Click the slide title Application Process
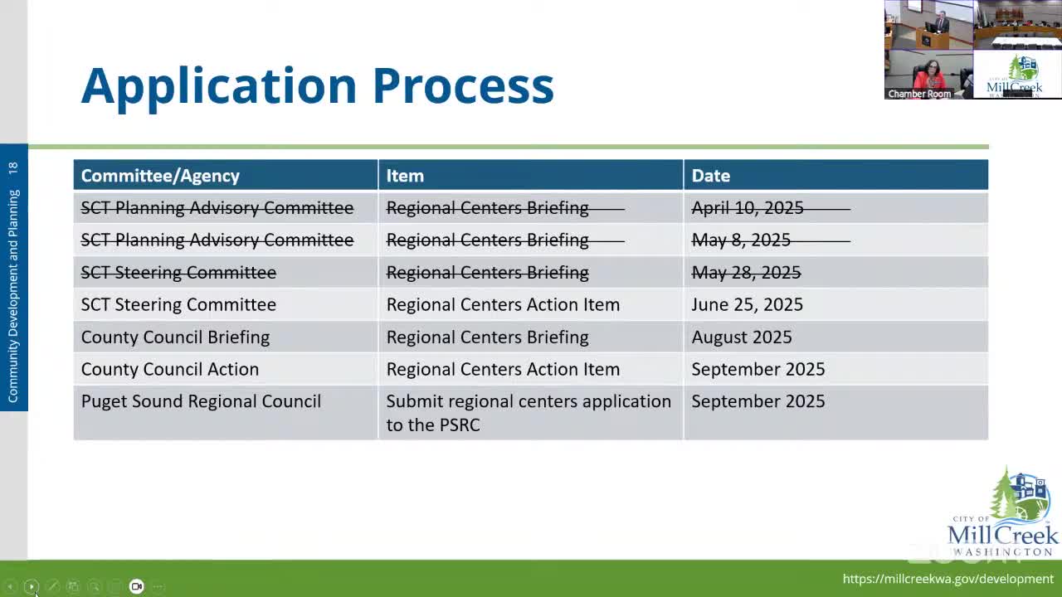pyautogui.click(x=317, y=85)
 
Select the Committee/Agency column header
pyautogui.click(x=160, y=176)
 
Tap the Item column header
pyautogui.click(x=405, y=176)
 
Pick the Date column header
pyautogui.click(x=711, y=176)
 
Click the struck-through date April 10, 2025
pyautogui.click(x=748, y=208)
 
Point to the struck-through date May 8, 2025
pyautogui.click(x=741, y=240)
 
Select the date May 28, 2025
pyautogui.click(x=746, y=273)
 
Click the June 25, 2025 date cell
pyautogui.click(x=747, y=305)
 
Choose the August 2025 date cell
pyautogui.click(x=741, y=337)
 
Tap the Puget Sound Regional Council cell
pyautogui.click(x=201, y=401)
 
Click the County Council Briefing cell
pyautogui.click(x=175, y=337)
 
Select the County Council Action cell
pyautogui.click(x=169, y=370)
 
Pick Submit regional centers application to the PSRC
pyautogui.click(x=528, y=413)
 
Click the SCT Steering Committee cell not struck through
pyautogui.click(x=178, y=305)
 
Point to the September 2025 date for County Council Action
pyautogui.click(x=758, y=370)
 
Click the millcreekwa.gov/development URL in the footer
pyautogui.click(x=948, y=579)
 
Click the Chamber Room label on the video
pyautogui.click(x=918, y=94)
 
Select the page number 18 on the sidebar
pyautogui.click(x=12, y=167)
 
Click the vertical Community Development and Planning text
pyautogui.click(x=12, y=295)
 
